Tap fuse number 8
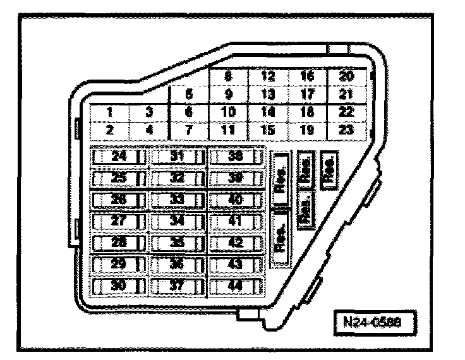pyautogui.click(x=229, y=77)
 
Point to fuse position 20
pyautogui.click(x=346, y=77)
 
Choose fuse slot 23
pyautogui.click(x=346, y=129)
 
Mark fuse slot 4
pyautogui.click(x=149, y=130)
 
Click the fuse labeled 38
pyautogui.click(x=236, y=156)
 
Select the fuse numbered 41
pyautogui.click(x=236, y=220)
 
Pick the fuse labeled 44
pyautogui.click(x=236, y=285)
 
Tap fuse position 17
pyautogui.click(x=307, y=95)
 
